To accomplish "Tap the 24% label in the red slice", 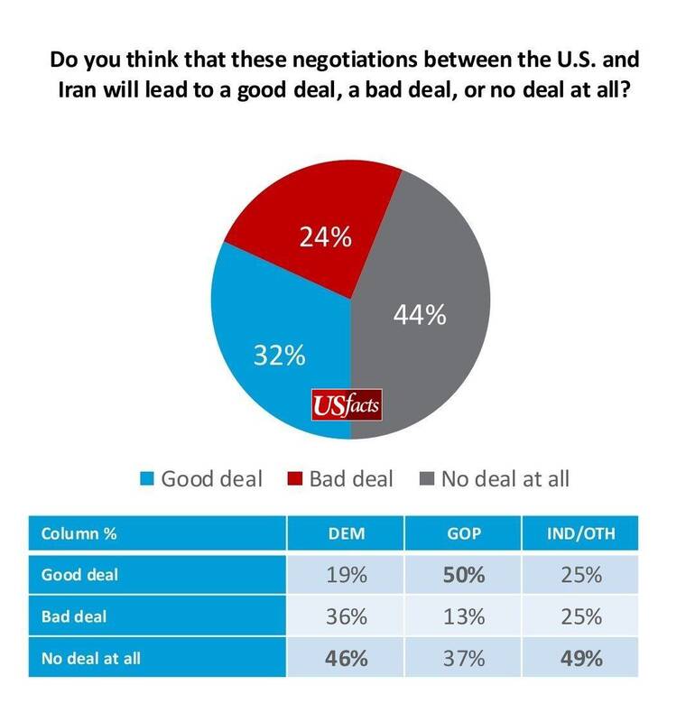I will coord(325,240).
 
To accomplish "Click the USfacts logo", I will coord(346,403).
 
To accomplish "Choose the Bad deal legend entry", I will coord(340,478).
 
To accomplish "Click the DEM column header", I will coord(345,532).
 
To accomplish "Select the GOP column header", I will coord(463,532).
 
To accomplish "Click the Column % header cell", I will coord(79,532).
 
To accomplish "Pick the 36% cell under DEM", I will coord(345,617).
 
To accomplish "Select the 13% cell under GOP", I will coord(463,617).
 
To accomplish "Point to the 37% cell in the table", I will coord(463,658).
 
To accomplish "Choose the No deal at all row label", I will coord(91,658).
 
